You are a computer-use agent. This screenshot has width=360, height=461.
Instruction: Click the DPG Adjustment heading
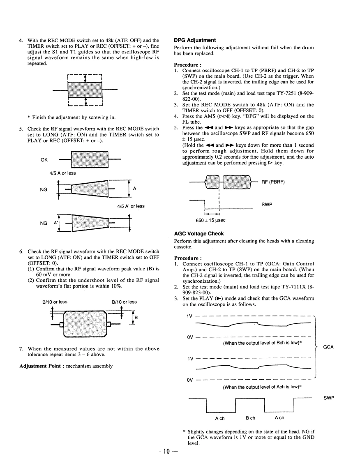coord(194,40)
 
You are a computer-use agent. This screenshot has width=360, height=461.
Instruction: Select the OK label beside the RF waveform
coord(45,160)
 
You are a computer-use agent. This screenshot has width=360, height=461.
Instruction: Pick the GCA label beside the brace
coord(328,347)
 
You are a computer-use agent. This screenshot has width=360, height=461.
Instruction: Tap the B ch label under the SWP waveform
coord(251,418)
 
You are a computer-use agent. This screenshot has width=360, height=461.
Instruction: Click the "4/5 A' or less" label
coord(130,206)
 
